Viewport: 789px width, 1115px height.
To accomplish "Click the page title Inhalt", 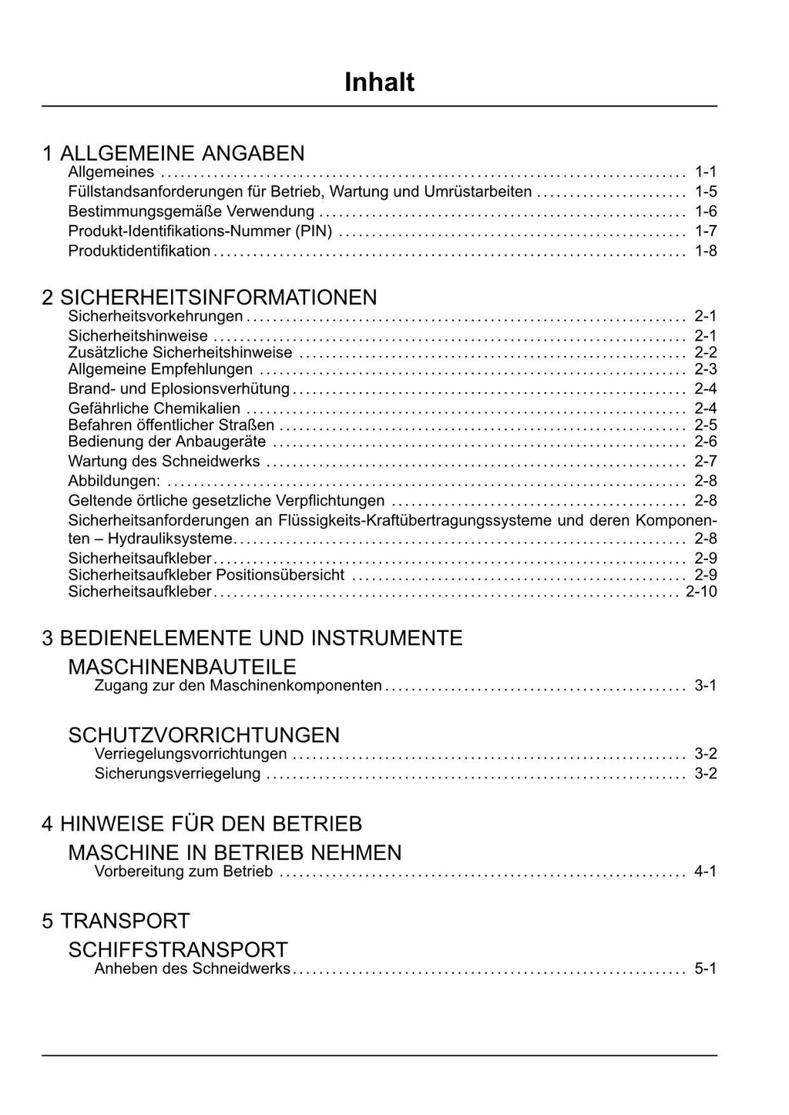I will (x=379, y=82).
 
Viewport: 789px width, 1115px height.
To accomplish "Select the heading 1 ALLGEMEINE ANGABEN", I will (x=173, y=153).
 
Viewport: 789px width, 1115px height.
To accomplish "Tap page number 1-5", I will (x=705, y=192).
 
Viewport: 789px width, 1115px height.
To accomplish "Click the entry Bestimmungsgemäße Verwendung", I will (x=191, y=211).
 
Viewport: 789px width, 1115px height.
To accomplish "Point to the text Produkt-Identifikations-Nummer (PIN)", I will (x=200, y=230).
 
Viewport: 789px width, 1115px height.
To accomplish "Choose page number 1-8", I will (x=705, y=250).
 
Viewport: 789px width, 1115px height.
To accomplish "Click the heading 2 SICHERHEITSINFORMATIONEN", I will (x=210, y=297).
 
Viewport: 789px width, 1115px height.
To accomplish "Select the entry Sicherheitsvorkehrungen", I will (x=156, y=316).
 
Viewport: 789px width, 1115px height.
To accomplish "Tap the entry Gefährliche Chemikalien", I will (x=154, y=408).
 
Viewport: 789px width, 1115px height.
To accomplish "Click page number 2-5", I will (x=705, y=425).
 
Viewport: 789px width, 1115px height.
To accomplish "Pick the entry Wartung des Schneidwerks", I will (x=164, y=462).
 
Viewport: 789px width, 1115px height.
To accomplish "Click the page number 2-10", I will (x=701, y=592).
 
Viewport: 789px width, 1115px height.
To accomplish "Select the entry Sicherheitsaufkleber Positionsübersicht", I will (x=206, y=575).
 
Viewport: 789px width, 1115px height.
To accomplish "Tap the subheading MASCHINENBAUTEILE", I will (x=182, y=667).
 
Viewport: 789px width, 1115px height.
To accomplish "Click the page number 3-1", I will (x=705, y=685).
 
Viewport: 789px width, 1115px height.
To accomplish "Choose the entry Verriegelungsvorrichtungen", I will (x=190, y=754).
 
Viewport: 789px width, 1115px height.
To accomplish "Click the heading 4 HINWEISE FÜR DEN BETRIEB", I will (x=202, y=824).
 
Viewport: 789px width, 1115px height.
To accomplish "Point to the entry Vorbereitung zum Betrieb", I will (x=183, y=872).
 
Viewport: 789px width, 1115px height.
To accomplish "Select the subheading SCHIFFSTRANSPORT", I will (x=178, y=949).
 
